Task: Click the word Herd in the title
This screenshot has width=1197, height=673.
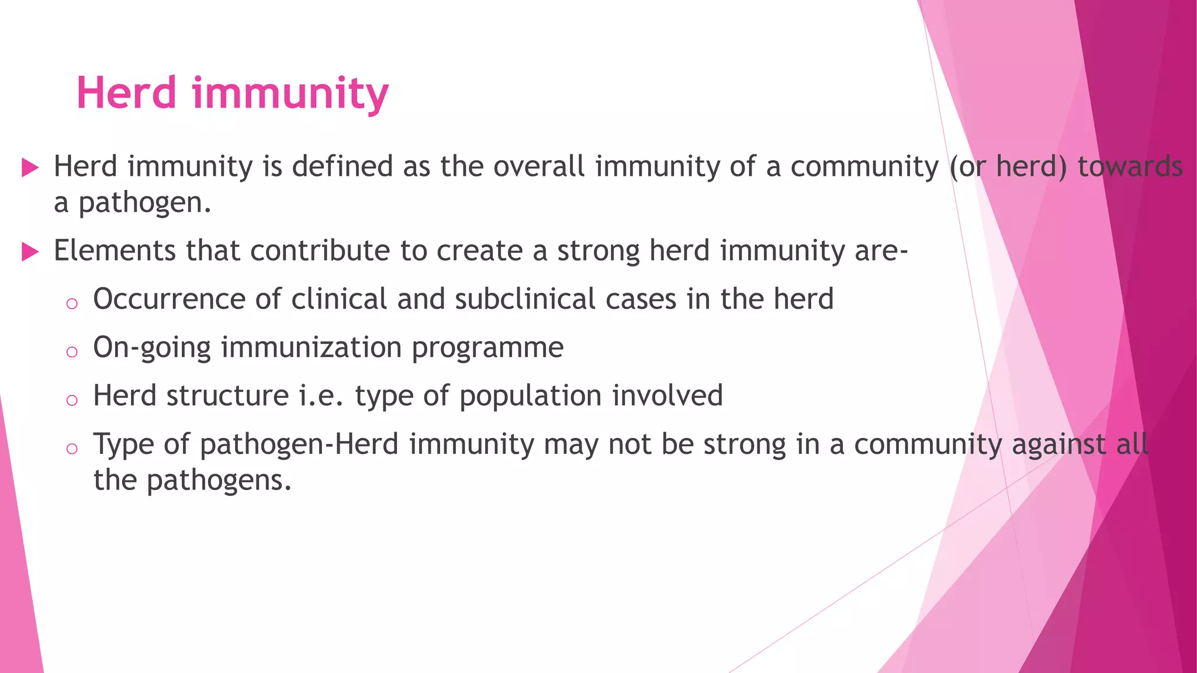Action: pyautogui.click(x=126, y=93)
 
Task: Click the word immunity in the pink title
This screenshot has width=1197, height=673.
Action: pyautogui.click(x=290, y=95)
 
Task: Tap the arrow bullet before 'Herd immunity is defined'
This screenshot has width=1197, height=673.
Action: pyautogui.click(x=30, y=168)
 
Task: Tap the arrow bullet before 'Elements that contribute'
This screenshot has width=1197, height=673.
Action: pyautogui.click(x=30, y=252)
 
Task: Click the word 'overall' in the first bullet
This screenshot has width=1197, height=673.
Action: pyautogui.click(x=539, y=166)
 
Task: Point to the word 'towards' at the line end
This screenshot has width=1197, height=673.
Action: pyautogui.click(x=1130, y=166)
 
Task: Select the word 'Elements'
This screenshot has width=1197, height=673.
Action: pyautogui.click(x=115, y=251)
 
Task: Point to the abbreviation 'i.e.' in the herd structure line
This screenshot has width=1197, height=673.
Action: pyautogui.click(x=320, y=396)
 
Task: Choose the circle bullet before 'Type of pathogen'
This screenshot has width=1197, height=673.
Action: pyautogui.click(x=72, y=449)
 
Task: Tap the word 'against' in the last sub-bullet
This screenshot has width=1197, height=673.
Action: pyautogui.click(x=1058, y=445)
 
